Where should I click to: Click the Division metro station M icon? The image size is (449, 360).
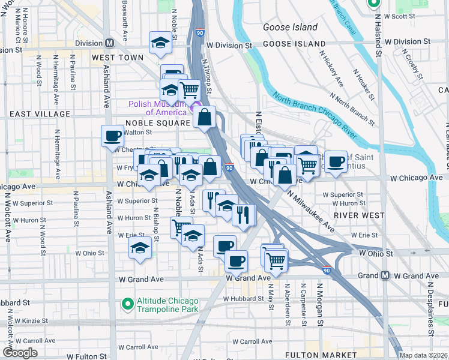point(110,43)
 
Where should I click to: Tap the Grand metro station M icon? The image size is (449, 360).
point(385,275)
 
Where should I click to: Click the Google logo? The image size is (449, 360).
point(20,353)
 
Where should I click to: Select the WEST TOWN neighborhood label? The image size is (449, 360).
point(118,58)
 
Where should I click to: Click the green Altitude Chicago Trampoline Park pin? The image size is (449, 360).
point(127,304)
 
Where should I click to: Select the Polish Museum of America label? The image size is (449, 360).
point(157,107)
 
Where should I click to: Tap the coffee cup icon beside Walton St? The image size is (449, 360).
point(112,136)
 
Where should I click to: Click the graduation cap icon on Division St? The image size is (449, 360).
point(160,42)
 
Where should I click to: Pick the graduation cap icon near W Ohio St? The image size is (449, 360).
point(140,247)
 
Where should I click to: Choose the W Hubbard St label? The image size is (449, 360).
point(243,298)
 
